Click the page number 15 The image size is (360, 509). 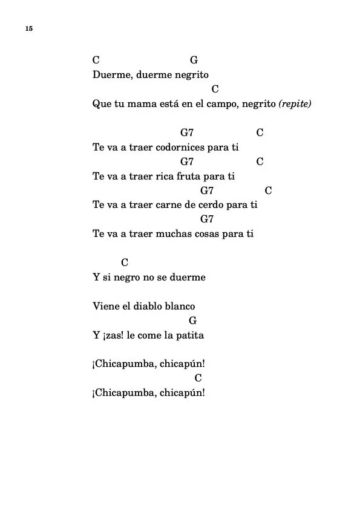(28, 29)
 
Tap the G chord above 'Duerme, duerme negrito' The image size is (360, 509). (194, 60)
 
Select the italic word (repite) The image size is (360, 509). (295, 104)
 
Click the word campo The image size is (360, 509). (221, 104)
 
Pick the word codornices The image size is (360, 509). (182, 148)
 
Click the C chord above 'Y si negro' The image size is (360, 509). (125, 262)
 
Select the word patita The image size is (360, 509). (190, 336)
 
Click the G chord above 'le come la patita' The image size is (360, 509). (192, 320)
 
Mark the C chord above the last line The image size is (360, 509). (198, 378)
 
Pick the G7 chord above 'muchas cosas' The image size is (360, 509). (207, 219)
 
